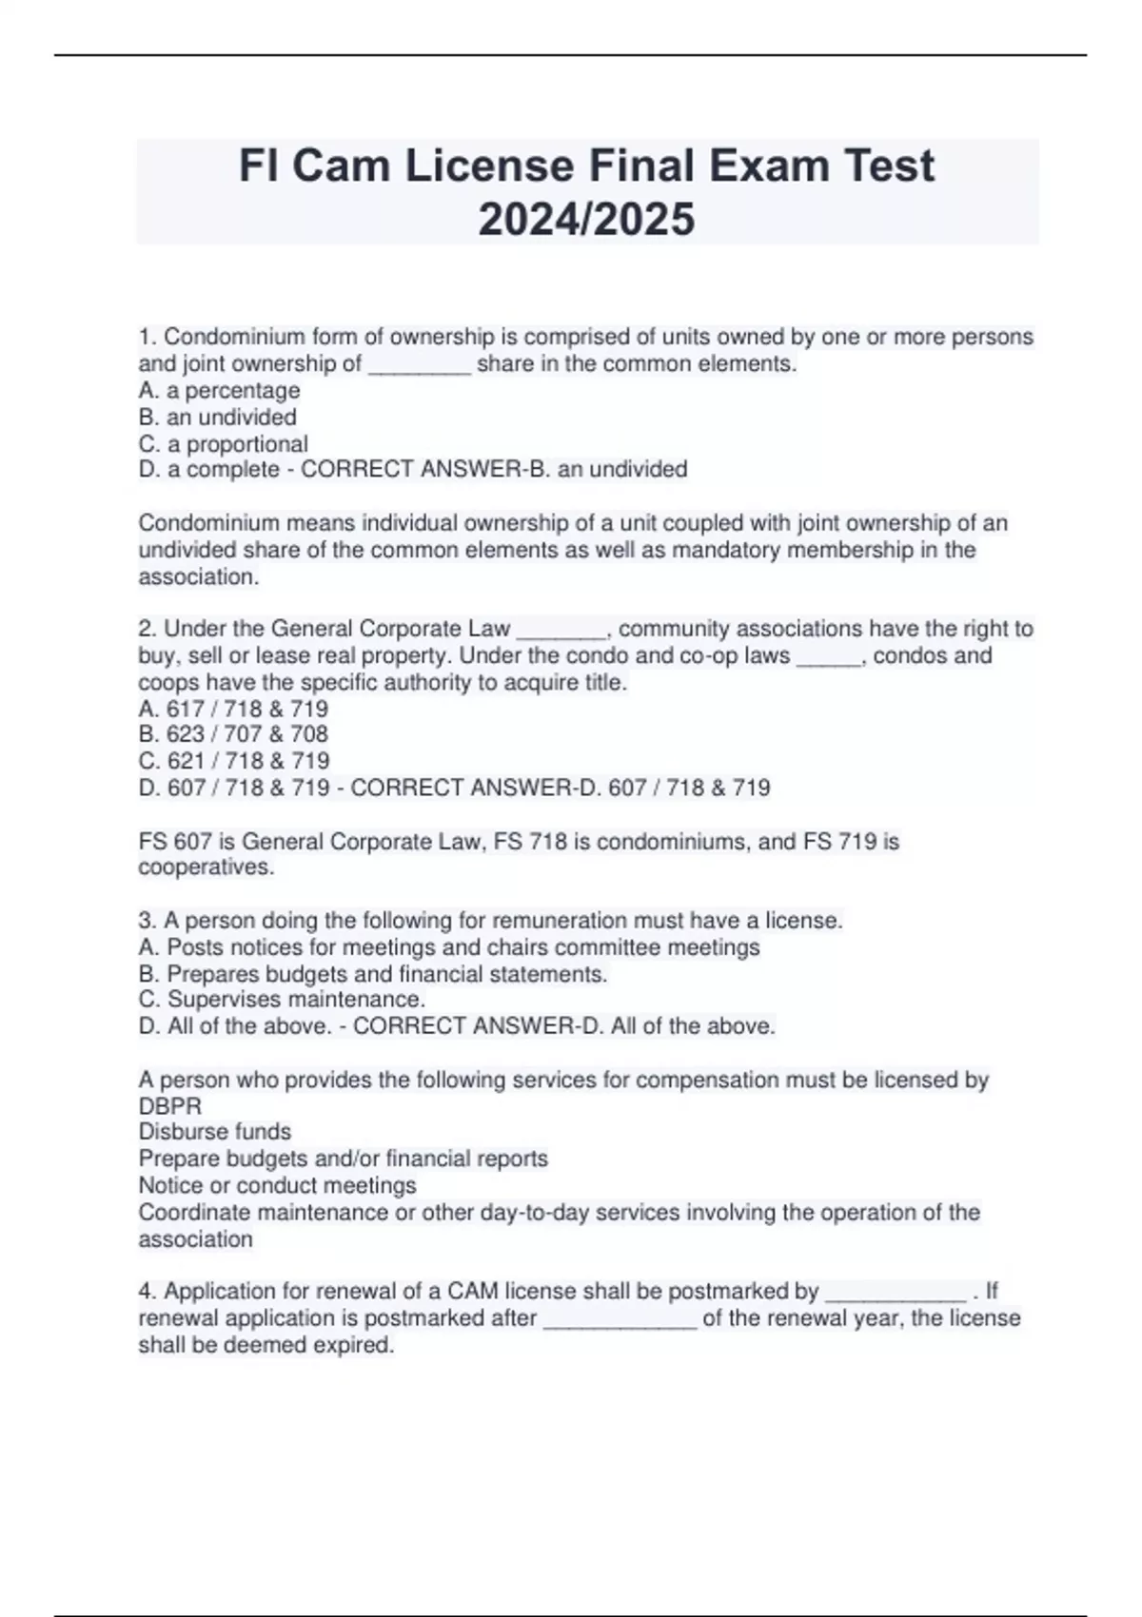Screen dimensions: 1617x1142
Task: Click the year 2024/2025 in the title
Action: tap(586, 220)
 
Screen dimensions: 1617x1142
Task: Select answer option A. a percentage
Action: tap(219, 390)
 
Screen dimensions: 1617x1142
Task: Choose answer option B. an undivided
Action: tap(217, 417)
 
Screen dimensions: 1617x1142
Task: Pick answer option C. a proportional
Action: tap(223, 443)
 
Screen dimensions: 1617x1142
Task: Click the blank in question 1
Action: tap(419, 365)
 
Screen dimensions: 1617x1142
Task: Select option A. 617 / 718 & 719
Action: tap(233, 709)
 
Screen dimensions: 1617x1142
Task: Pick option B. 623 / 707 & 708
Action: tap(233, 734)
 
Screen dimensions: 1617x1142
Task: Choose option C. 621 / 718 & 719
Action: tap(234, 761)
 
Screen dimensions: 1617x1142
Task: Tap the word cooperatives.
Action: tap(205, 867)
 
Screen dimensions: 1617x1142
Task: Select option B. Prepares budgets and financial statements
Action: tap(372, 974)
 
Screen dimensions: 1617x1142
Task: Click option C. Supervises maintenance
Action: tap(282, 1000)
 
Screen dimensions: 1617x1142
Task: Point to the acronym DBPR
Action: tap(170, 1106)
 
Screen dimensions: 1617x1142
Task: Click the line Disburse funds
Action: tap(215, 1132)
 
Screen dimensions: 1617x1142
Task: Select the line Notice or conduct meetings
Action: tap(277, 1185)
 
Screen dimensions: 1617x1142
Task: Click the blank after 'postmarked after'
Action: tap(620, 1320)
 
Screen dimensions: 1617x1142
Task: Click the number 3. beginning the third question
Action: tap(148, 921)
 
